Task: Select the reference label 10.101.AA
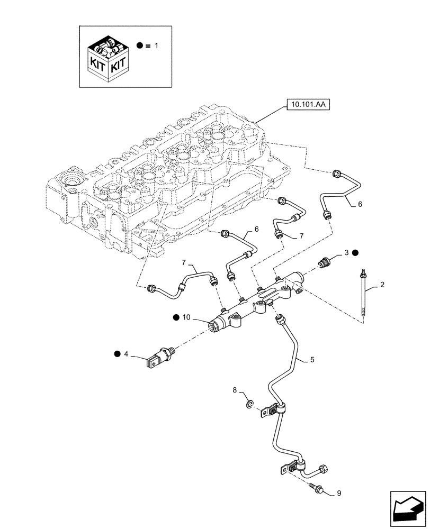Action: tap(307, 105)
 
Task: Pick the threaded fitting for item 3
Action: tap(326, 261)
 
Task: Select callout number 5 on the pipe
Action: tap(312, 360)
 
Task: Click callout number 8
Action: tap(235, 390)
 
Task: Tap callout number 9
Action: tap(338, 494)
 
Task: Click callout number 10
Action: tap(186, 317)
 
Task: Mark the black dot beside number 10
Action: tap(175, 317)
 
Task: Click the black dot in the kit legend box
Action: tap(139, 46)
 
